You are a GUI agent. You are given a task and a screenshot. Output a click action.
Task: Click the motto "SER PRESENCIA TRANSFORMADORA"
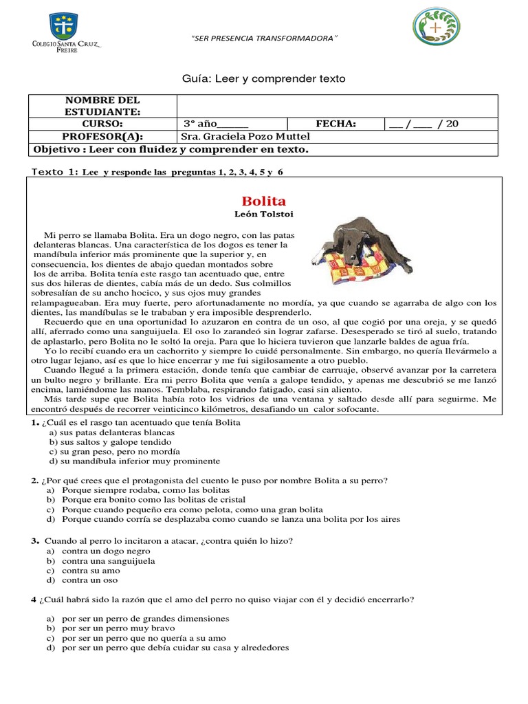[x=264, y=38]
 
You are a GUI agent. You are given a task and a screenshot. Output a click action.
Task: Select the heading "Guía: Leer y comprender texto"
[x=264, y=79]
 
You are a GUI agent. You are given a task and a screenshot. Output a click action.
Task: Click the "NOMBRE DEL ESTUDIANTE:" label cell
[x=102, y=107]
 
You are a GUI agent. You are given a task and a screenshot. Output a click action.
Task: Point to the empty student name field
[x=337, y=107]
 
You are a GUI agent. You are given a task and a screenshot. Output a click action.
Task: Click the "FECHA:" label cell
[x=335, y=124]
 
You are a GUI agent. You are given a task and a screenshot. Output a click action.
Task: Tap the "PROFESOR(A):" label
[x=102, y=137]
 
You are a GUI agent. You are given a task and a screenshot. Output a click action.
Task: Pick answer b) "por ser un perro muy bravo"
[x=118, y=628]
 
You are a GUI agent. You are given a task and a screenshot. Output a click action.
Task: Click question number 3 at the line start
[x=34, y=541]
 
